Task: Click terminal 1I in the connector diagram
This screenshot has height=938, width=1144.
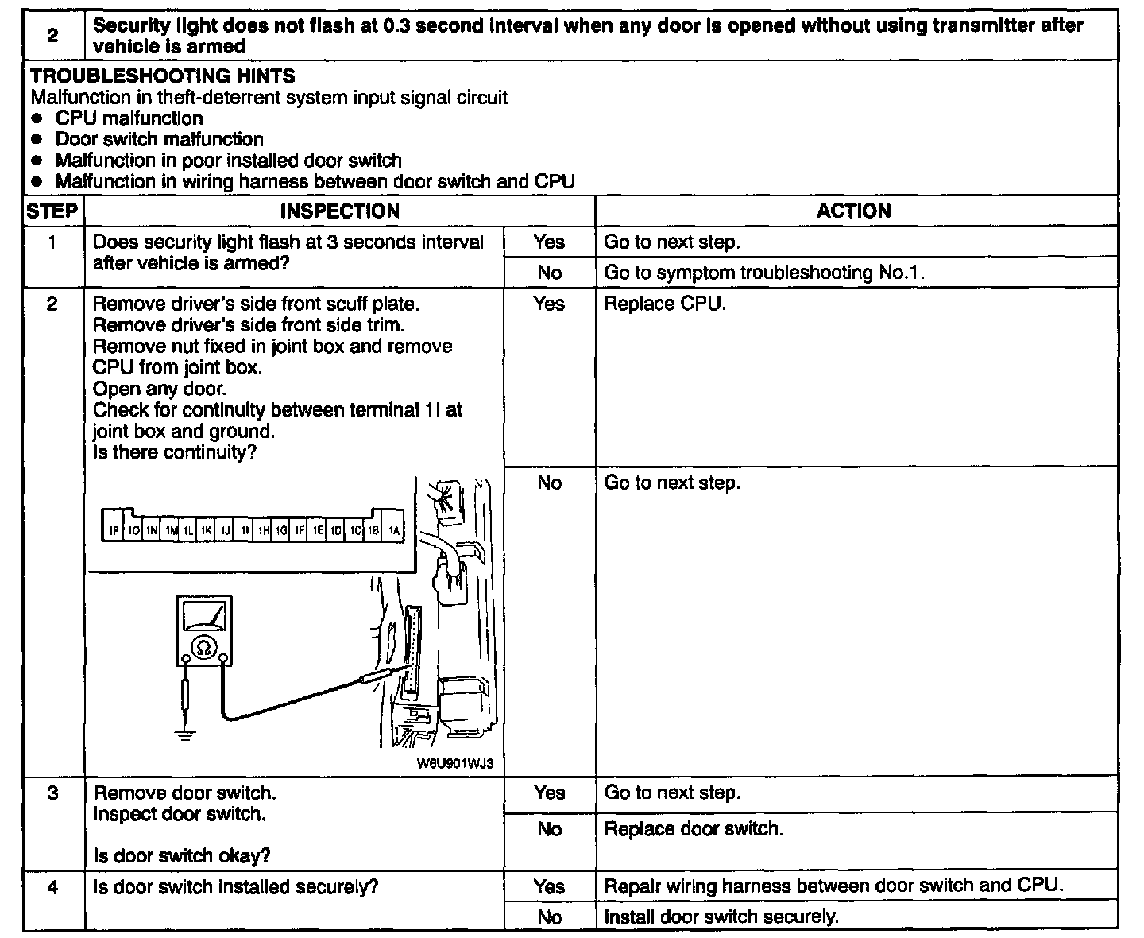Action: pos(245,530)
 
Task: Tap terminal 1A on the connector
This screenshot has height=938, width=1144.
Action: pos(393,530)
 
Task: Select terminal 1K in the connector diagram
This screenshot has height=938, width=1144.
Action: pos(207,530)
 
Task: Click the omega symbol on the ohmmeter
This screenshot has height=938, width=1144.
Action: pos(204,649)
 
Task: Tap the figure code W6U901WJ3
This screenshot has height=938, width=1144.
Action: pos(454,764)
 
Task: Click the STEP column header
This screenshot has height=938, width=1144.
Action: pos(52,211)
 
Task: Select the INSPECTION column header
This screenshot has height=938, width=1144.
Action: pos(339,211)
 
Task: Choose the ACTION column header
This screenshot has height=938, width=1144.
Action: pos(853,211)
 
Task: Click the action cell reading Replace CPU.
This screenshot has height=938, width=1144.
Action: pos(664,304)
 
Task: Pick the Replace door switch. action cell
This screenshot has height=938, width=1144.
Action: pos(693,829)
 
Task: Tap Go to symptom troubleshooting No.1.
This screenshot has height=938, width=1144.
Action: pos(764,273)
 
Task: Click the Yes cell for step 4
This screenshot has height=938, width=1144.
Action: pos(549,886)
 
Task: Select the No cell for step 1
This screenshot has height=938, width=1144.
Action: pos(549,273)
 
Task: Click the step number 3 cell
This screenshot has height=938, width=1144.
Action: pos(52,793)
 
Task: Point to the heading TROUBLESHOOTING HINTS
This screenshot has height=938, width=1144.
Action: pos(162,76)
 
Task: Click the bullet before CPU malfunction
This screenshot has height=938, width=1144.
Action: pos(37,119)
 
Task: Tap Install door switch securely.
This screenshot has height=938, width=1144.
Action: pos(721,917)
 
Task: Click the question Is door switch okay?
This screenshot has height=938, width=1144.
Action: pos(181,855)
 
